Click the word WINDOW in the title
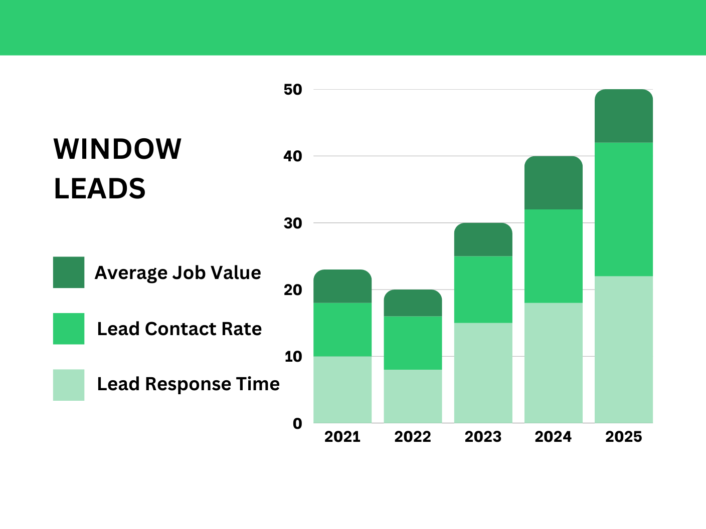click(117, 149)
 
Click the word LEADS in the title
click(99, 189)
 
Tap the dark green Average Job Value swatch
click(69, 273)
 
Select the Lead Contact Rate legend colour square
click(69, 329)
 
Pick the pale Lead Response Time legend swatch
click(69, 385)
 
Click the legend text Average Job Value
click(178, 273)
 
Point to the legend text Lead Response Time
click(188, 384)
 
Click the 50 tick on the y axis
click(293, 90)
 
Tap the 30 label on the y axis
click(293, 223)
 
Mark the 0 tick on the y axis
click(297, 424)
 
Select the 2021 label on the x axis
click(342, 437)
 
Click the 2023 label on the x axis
click(483, 437)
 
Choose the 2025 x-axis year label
click(623, 437)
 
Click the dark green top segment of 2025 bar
click(624, 116)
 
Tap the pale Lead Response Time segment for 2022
click(413, 396)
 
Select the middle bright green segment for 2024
click(554, 256)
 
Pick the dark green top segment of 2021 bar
click(342, 287)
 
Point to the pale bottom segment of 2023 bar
click(483, 373)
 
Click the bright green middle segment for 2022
click(413, 343)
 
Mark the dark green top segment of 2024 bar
click(554, 183)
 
